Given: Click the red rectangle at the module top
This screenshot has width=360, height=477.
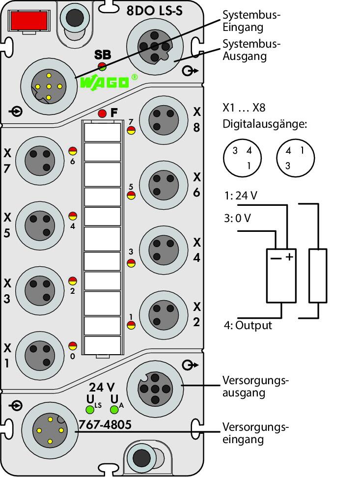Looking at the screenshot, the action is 29,20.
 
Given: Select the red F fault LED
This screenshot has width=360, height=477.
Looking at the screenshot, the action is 103,113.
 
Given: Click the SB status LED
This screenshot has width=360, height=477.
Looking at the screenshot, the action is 102,66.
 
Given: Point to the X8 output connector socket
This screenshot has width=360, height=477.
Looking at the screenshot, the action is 164,120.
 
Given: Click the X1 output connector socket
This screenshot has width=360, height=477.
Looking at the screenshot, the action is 40,355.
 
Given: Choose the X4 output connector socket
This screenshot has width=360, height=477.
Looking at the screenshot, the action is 164,250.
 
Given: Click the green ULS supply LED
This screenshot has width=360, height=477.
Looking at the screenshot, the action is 90,410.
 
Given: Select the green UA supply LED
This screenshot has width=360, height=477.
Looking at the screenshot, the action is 114,410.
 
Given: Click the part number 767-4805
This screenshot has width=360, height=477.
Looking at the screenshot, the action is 105,424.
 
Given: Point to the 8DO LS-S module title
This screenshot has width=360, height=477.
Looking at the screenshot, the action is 154,11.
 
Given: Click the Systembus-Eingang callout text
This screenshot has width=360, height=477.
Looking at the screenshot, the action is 251,21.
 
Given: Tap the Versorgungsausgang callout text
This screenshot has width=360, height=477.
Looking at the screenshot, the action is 255,386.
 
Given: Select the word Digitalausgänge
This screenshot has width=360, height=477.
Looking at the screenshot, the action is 265,124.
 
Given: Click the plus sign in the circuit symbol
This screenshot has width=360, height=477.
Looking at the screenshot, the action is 289,257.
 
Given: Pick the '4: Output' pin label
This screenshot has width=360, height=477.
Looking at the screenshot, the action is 248,325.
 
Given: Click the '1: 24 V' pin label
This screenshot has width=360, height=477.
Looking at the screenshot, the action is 241,196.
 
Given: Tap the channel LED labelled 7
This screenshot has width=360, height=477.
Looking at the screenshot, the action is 131,130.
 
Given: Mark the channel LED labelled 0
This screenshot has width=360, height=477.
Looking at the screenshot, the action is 73,346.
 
